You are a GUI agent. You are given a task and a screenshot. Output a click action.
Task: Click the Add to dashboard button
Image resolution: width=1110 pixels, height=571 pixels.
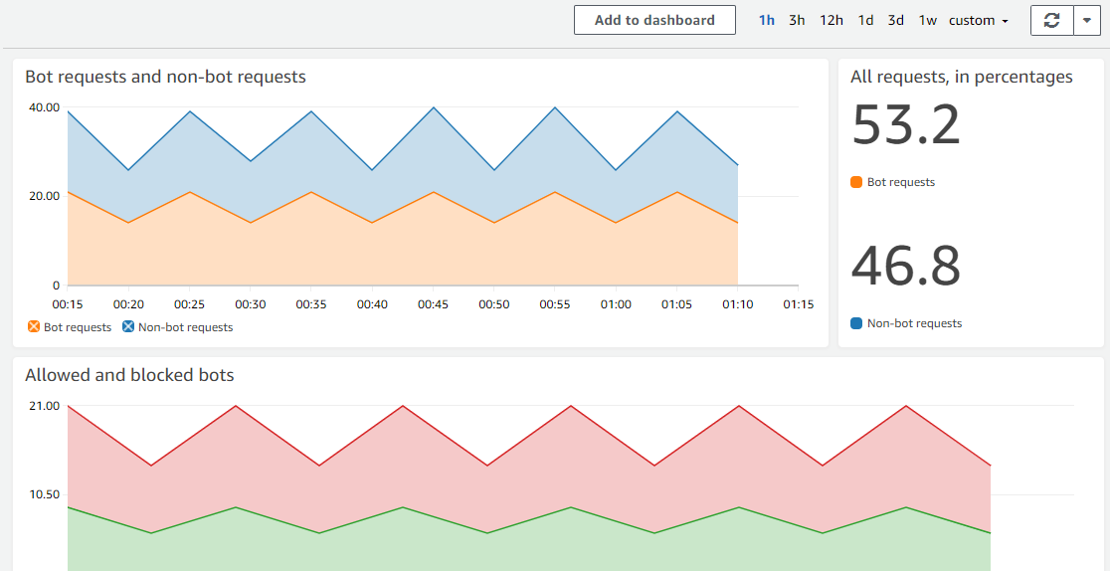pyautogui.click(x=654, y=20)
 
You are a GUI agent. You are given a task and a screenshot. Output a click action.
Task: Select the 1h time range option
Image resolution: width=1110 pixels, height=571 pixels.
pyautogui.click(x=767, y=20)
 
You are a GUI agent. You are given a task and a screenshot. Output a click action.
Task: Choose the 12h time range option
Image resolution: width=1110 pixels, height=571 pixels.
pyautogui.click(x=832, y=20)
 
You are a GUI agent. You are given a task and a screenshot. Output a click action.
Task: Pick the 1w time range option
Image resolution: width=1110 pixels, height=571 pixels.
pyautogui.click(x=927, y=20)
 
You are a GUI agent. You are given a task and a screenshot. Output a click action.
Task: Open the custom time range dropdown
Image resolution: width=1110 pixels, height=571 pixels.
pyautogui.click(x=979, y=20)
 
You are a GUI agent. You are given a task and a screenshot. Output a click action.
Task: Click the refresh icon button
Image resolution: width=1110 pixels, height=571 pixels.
pyautogui.click(x=1052, y=20)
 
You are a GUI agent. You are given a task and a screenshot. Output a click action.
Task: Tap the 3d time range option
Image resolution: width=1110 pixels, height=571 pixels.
pyautogui.click(x=896, y=20)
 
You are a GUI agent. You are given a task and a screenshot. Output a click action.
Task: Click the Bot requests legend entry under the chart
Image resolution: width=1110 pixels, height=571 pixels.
pyautogui.click(x=69, y=327)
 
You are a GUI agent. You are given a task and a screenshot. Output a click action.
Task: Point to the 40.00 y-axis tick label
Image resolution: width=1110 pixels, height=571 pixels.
pyautogui.click(x=43, y=107)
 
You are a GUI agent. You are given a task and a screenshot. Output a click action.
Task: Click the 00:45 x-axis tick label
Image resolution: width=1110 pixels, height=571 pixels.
pyautogui.click(x=433, y=304)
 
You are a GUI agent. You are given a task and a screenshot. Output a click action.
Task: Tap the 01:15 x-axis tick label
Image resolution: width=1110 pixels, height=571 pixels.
pyautogui.click(x=798, y=304)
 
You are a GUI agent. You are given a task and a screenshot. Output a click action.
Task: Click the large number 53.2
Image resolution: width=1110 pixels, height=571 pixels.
pyautogui.click(x=906, y=125)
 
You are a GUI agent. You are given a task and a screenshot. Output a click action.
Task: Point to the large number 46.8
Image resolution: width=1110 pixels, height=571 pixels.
pyautogui.click(x=906, y=267)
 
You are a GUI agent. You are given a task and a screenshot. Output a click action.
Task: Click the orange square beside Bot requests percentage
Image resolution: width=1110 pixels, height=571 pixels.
pyautogui.click(x=856, y=182)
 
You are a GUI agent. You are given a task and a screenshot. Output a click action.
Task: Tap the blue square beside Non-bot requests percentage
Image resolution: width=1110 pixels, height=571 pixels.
pyautogui.click(x=856, y=323)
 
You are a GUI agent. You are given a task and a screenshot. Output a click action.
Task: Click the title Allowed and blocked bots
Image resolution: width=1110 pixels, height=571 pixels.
pyautogui.click(x=129, y=375)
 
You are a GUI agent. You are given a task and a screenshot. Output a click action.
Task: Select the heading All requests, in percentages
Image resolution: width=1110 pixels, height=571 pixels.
pyautogui.click(x=962, y=77)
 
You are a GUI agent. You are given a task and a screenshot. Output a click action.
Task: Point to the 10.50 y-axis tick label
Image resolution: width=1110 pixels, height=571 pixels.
pyautogui.click(x=43, y=494)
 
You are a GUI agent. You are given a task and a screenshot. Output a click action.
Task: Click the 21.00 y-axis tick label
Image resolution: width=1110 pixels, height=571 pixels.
pyautogui.click(x=43, y=406)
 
